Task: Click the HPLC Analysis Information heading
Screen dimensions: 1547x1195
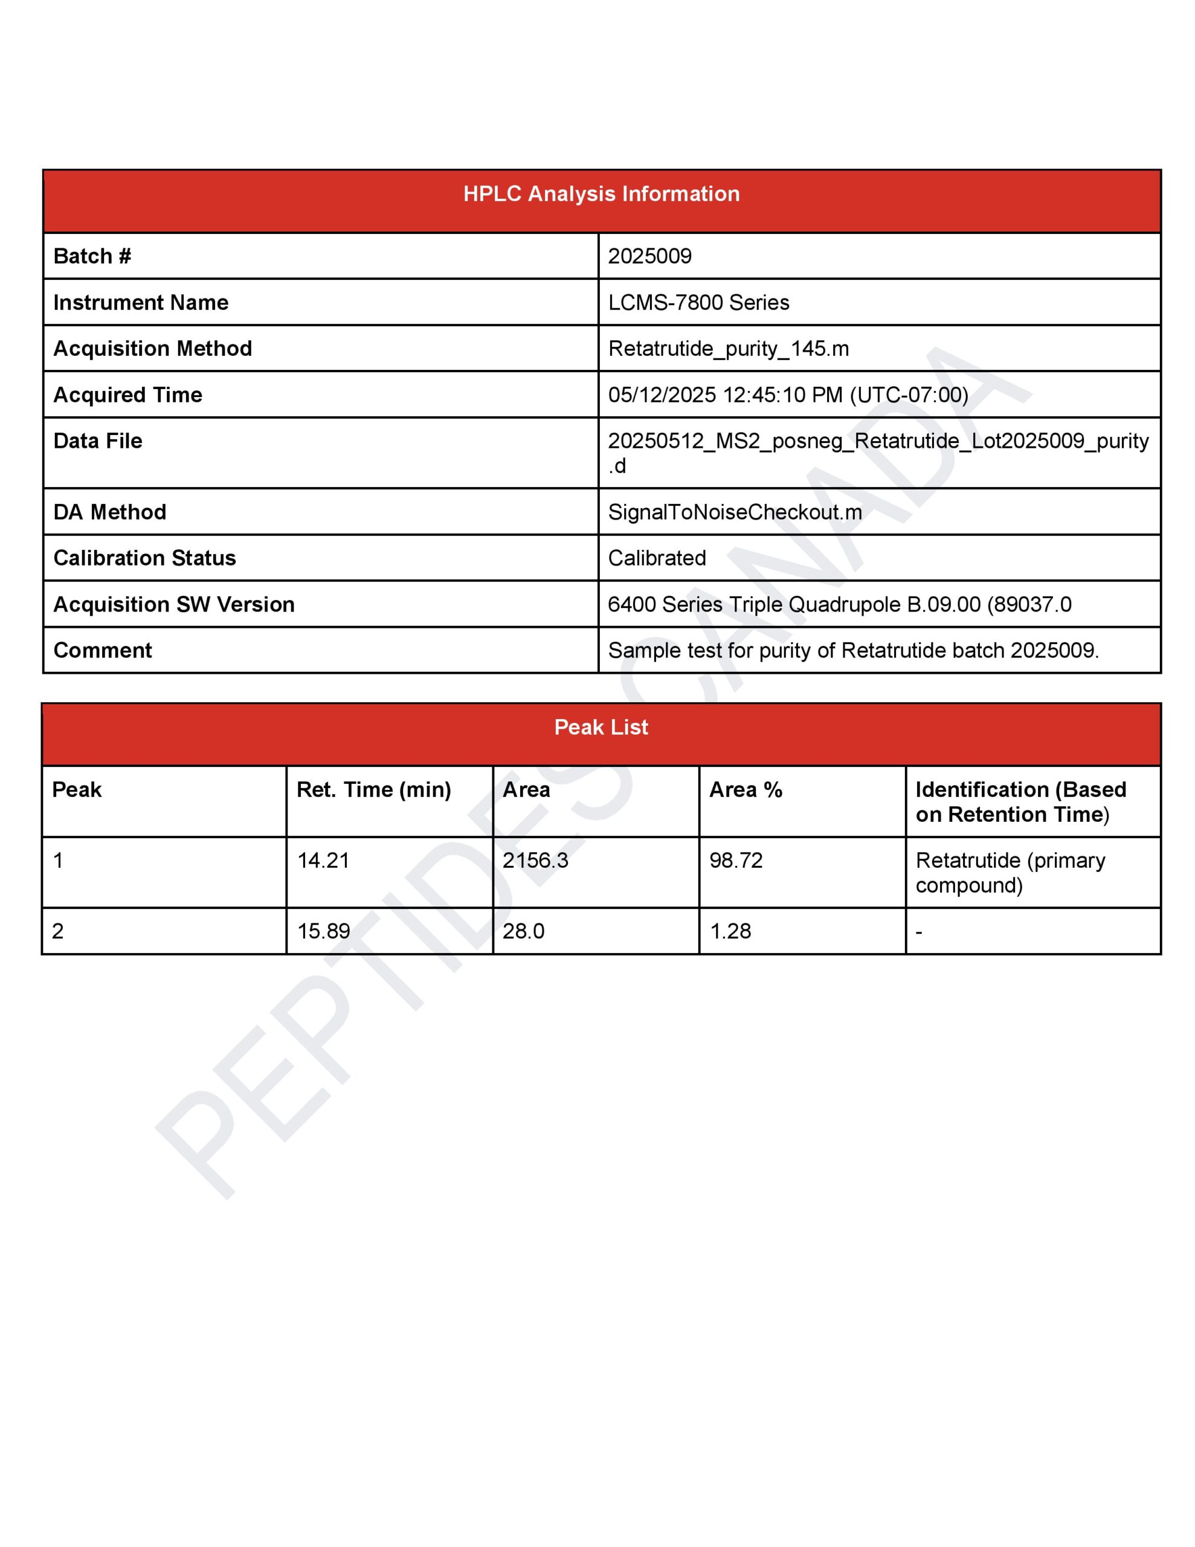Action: click(x=601, y=193)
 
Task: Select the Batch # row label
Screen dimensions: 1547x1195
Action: click(x=92, y=256)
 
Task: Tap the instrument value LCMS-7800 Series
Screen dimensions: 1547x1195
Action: click(x=698, y=303)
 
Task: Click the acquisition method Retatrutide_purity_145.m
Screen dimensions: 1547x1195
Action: click(x=727, y=349)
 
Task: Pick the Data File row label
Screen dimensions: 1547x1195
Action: click(x=98, y=441)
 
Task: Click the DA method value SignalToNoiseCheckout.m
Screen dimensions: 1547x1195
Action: click(x=735, y=511)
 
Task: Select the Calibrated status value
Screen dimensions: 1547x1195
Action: click(x=657, y=558)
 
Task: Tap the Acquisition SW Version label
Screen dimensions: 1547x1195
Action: click(x=173, y=604)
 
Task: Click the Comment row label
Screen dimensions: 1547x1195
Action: click(x=103, y=650)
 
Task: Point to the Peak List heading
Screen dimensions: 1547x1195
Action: click(x=601, y=727)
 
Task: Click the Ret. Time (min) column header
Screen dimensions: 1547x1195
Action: click(x=373, y=789)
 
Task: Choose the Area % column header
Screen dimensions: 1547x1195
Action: click(x=745, y=789)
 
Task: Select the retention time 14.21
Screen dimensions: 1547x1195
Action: click(x=323, y=860)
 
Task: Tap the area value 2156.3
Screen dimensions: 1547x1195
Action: click(x=535, y=860)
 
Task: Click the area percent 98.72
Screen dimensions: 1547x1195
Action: click(x=736, y=860)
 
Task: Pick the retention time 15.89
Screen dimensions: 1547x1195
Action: click(x=323, y=931)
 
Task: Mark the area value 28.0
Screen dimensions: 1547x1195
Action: click(x=523, y=931)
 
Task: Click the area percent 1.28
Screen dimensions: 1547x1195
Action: click(x=730, y=931)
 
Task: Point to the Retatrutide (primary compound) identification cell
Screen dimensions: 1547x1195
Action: click(x=1010, y=872)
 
